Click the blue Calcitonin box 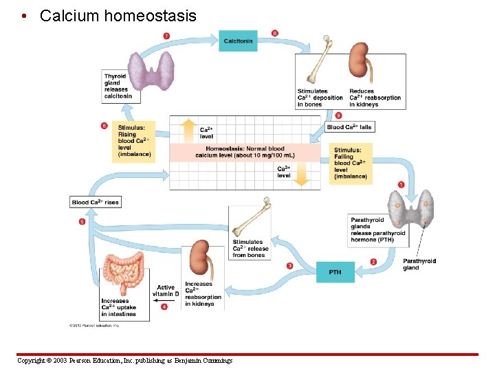[239, 41]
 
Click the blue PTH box [335, 272]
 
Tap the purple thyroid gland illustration [155, 69]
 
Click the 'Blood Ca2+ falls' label [349, 127]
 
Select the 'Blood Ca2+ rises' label [96, 202]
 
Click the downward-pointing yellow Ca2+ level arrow [302, 175]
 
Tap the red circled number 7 [166, 35]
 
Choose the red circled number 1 [401, 184]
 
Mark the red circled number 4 [164, 307]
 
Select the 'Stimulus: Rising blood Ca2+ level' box [133, 141]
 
